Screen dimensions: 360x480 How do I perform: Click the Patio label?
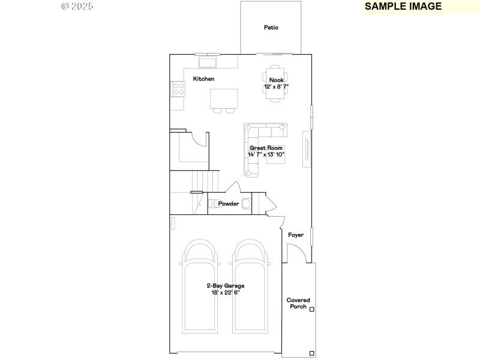pos(271,28)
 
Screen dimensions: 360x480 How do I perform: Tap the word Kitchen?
pos(203,79)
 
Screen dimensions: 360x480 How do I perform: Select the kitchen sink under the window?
pos(208,62)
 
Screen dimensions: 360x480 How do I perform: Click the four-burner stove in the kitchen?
pos(179,89)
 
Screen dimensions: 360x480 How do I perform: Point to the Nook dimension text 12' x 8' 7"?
pos(276,87)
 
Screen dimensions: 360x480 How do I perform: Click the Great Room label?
pos(266,148)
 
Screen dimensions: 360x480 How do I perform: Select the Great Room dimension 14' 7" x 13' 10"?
pos(266,155)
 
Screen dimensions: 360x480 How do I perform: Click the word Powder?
pos(229,204)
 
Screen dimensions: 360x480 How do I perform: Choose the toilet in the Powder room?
pos(245,203)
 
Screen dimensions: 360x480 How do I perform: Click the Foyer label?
pos(296,235)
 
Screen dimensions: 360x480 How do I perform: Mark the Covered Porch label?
pos(298,304)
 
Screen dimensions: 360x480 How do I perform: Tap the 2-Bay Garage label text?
pos(225,286)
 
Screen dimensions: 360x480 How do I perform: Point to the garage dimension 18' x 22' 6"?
pos(225,293)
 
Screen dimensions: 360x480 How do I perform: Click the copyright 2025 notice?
pos(78,7)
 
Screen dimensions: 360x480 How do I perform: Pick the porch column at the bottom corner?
pos(311,353)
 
